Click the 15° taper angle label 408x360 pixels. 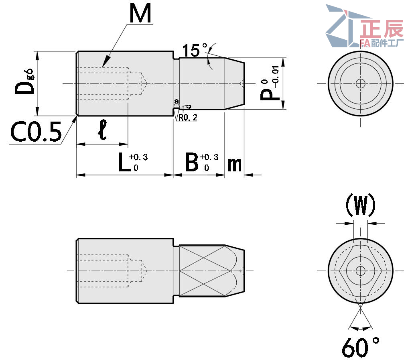(x=194, y=51)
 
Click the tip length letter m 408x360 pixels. (x=234, y=165)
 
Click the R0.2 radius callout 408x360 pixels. (x=187, y=117)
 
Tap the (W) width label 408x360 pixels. (x=360, y=205)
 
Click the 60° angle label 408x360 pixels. (x=360, y=347)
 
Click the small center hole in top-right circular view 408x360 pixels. (x=360, y=83)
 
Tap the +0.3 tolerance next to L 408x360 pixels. (x=138, y=157)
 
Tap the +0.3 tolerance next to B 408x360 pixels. (x=209, y=157)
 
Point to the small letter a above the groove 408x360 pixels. (x=176, y=101)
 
